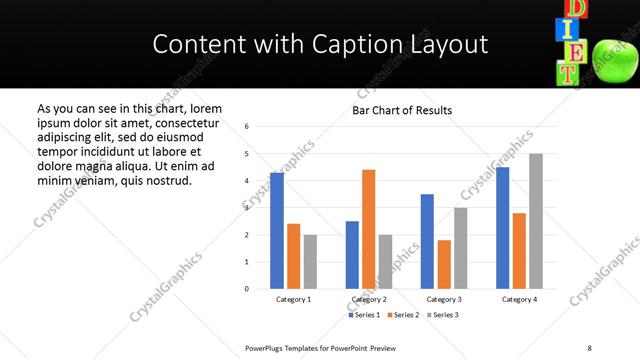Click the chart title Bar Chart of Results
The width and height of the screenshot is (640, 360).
[x=402, y=110]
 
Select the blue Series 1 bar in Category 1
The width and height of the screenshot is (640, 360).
[x=277, y=231]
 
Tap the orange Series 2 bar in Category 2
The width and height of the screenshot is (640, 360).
[x=368, y=229]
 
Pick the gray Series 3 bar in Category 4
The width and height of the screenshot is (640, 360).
[x=536, y=221]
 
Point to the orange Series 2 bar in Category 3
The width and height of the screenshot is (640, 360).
[x=444, y=264]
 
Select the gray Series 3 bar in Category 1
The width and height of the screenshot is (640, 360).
[x=310, y=262]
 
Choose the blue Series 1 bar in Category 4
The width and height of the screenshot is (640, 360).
[x=502, y=228]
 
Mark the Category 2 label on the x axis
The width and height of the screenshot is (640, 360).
[x=370, y=299]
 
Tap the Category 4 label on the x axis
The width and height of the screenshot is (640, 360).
[x=519, y=299]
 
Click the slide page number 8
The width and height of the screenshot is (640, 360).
[x=589, y=347]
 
